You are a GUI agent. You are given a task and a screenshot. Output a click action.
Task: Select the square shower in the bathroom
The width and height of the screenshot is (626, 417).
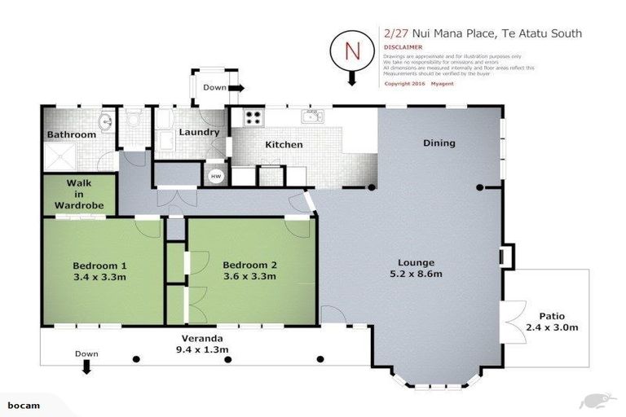click(x=61, y=156)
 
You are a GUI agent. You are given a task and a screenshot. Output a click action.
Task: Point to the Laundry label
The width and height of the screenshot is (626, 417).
click(x=198, y=132)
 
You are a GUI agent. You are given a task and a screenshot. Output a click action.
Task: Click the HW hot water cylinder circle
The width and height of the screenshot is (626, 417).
click(x=216, y=175)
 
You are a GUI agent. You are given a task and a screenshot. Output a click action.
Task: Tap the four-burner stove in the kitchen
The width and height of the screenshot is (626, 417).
click(x=253, y=116)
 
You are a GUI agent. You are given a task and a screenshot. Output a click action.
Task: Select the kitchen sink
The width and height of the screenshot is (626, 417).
click(x=312, y=117)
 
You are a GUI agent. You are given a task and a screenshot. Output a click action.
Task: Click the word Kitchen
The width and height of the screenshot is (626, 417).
click(x=283, y=145)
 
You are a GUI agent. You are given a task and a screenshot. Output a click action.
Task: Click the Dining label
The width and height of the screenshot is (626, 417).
click(x=439, y=143)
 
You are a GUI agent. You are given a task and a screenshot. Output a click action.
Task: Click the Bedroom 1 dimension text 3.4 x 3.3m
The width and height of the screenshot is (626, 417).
click(x=99, y=277)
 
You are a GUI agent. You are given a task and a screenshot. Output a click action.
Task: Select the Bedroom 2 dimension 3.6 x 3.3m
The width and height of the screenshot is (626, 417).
click(x=249, y=277)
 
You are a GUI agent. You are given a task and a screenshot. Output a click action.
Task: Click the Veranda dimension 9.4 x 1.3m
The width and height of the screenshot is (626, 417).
click(x=200, y=349)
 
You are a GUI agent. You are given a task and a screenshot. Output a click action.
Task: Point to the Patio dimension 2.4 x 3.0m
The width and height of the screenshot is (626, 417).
click(x=551, y=328)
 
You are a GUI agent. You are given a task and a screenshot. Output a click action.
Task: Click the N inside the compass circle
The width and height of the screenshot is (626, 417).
click(x=353, y=50)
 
